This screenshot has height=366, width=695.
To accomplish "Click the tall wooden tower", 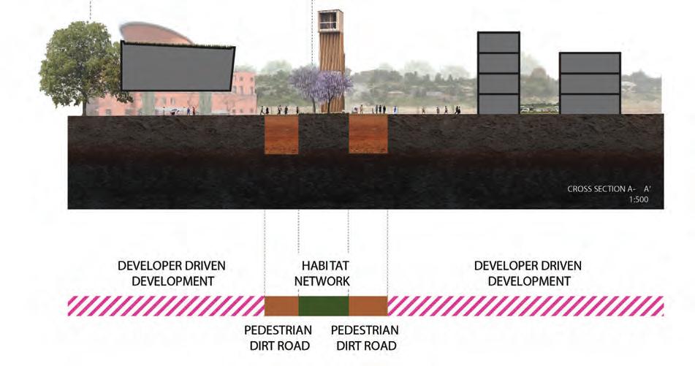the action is point(332,58).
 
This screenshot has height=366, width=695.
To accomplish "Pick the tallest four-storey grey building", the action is point(498,73).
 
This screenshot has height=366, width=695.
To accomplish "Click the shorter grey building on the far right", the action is point(589,83).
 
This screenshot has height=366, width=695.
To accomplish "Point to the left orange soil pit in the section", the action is point(281,134).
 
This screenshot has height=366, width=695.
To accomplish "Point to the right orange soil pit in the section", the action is point(368,134).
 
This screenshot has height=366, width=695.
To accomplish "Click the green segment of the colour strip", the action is point(324,305).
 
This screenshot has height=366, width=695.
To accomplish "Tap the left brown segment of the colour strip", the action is point(281,305).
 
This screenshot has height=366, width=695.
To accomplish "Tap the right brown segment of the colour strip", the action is point(368,305).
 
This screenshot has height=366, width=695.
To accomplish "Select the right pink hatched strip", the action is point(525,305).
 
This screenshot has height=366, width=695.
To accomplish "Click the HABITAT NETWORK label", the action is point(322,273).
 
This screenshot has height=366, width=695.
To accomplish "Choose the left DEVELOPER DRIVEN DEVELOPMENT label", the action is point(172,273).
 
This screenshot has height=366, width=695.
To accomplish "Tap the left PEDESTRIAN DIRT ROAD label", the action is point(278,338).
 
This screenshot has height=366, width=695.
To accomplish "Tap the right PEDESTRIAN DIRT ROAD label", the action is point(364,338).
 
